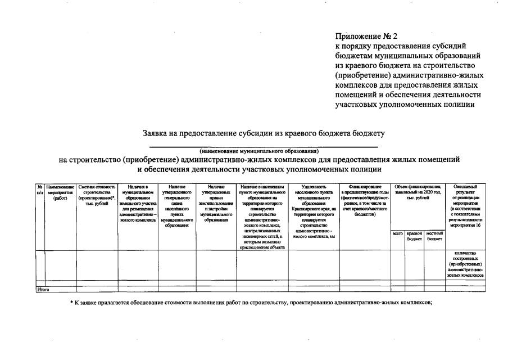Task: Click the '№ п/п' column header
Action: pos(39,190)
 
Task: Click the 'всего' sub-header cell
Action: pos(397,233)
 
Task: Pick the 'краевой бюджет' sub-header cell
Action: pos(414,236)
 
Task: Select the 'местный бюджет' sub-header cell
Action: pos(434,236)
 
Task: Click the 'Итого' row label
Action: pos(43,289)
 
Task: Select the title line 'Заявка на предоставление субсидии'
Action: pos(264,133)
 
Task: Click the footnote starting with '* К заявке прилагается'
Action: pos(251,303)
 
